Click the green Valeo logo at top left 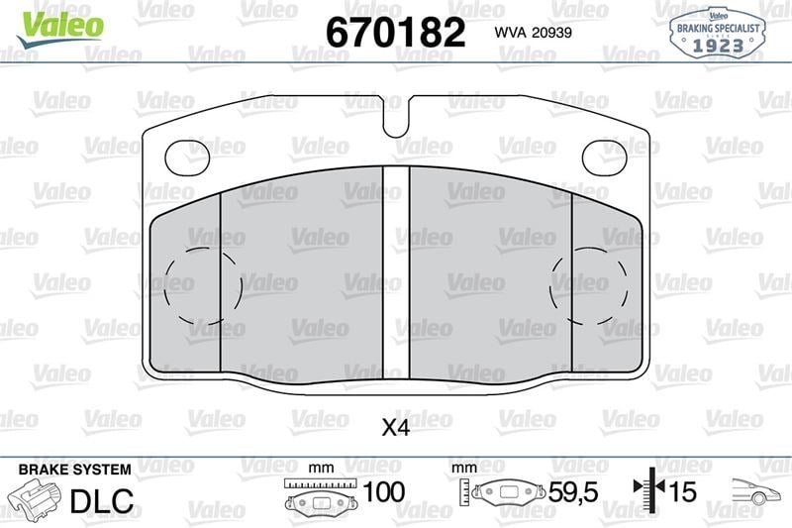[59, 29]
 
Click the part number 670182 [395, 33]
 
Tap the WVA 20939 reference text [533, 33]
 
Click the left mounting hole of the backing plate [187, 158]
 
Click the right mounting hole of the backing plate [605, 158]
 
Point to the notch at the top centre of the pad [396, 117]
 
